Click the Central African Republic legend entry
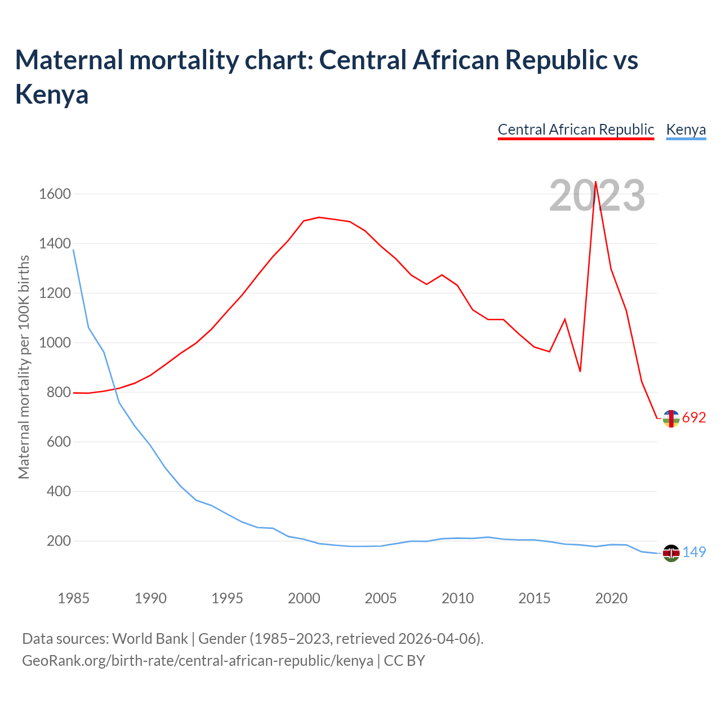coord(576,130)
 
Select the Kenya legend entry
coord(686,130)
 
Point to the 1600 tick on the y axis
coord(55,194)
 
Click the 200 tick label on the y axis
coord(59,541)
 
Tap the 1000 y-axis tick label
coord(55,343)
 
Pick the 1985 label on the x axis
coord(73,598)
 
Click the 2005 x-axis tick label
coord(381,598)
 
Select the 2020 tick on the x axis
coord(611,598)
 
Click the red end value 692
coord(694,418)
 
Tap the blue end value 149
coord(694,553)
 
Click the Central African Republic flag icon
coord(671,419)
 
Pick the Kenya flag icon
coord(671,553)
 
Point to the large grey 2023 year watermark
coord(597,196)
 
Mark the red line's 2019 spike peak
coord(595,181)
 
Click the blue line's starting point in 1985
coord(73,250)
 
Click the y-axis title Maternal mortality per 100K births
coord(24,367)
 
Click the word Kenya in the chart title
coord(52,94)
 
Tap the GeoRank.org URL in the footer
coord(197,660)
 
